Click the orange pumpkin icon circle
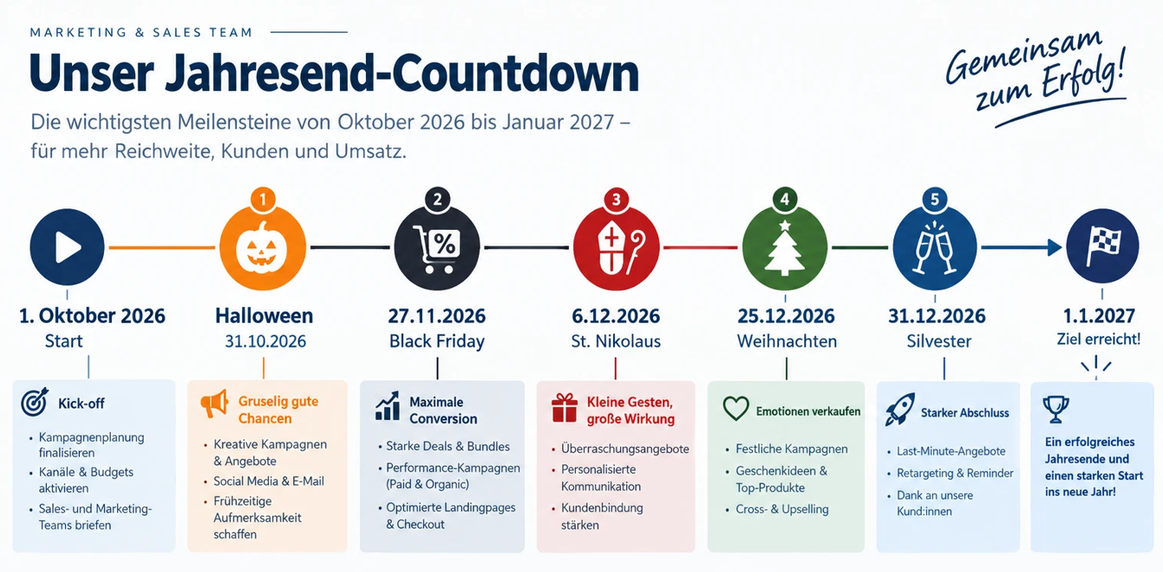[x=263, y=247]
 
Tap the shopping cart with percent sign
[x=436, y=248]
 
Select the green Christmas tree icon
[x=785, y=248]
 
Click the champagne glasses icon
[x=935, y=248]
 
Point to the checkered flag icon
[x=1102, y=247]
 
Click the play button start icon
[x=67, y=247]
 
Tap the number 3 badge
[x=617, y=200]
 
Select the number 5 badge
[x=935, y=200]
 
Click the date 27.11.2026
[x=436, y=316]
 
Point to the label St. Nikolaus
[x=616, y=341]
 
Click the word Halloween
[x=265, y=316]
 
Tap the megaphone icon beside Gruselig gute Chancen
[x=214, y=404]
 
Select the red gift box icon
[x=565, y=408]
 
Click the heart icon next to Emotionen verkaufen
[x=735, y=408]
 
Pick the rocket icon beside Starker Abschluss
[x=899, y=410]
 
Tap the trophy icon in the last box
[x=1056, y=410]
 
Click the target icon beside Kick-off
[x=35, y=402]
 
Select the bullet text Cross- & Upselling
[x=782, y=510]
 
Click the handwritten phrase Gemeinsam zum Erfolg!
[x=1036, y=75]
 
